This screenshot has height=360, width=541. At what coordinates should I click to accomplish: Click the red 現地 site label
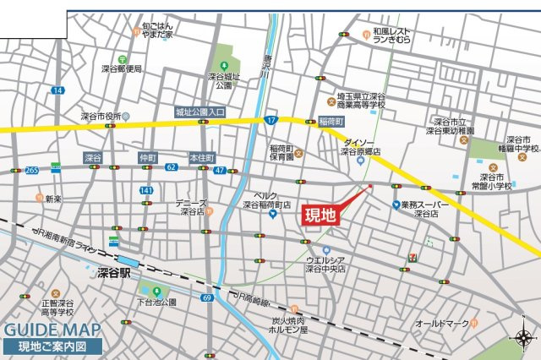point(321,215)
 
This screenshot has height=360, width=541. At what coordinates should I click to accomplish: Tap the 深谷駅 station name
point(114,273)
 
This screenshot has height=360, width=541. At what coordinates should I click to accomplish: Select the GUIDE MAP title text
point(52,330)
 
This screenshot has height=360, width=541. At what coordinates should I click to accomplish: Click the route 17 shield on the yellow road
point(270,121)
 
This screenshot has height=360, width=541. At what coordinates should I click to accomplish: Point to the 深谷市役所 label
point(101,116)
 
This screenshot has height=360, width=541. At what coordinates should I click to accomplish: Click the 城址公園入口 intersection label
point(199,111)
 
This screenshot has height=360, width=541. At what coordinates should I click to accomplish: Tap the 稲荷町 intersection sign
point(331,122)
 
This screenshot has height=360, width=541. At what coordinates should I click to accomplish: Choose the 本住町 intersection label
point(202,158)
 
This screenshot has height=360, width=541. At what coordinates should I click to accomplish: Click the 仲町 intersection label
point(149,158)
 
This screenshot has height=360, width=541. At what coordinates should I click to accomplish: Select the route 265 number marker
point(32,170)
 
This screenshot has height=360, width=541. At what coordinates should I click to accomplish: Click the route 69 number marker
point(207,297)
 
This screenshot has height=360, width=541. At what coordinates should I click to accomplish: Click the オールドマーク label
point(441,323)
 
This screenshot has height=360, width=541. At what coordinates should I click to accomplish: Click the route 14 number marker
point(57,90)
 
